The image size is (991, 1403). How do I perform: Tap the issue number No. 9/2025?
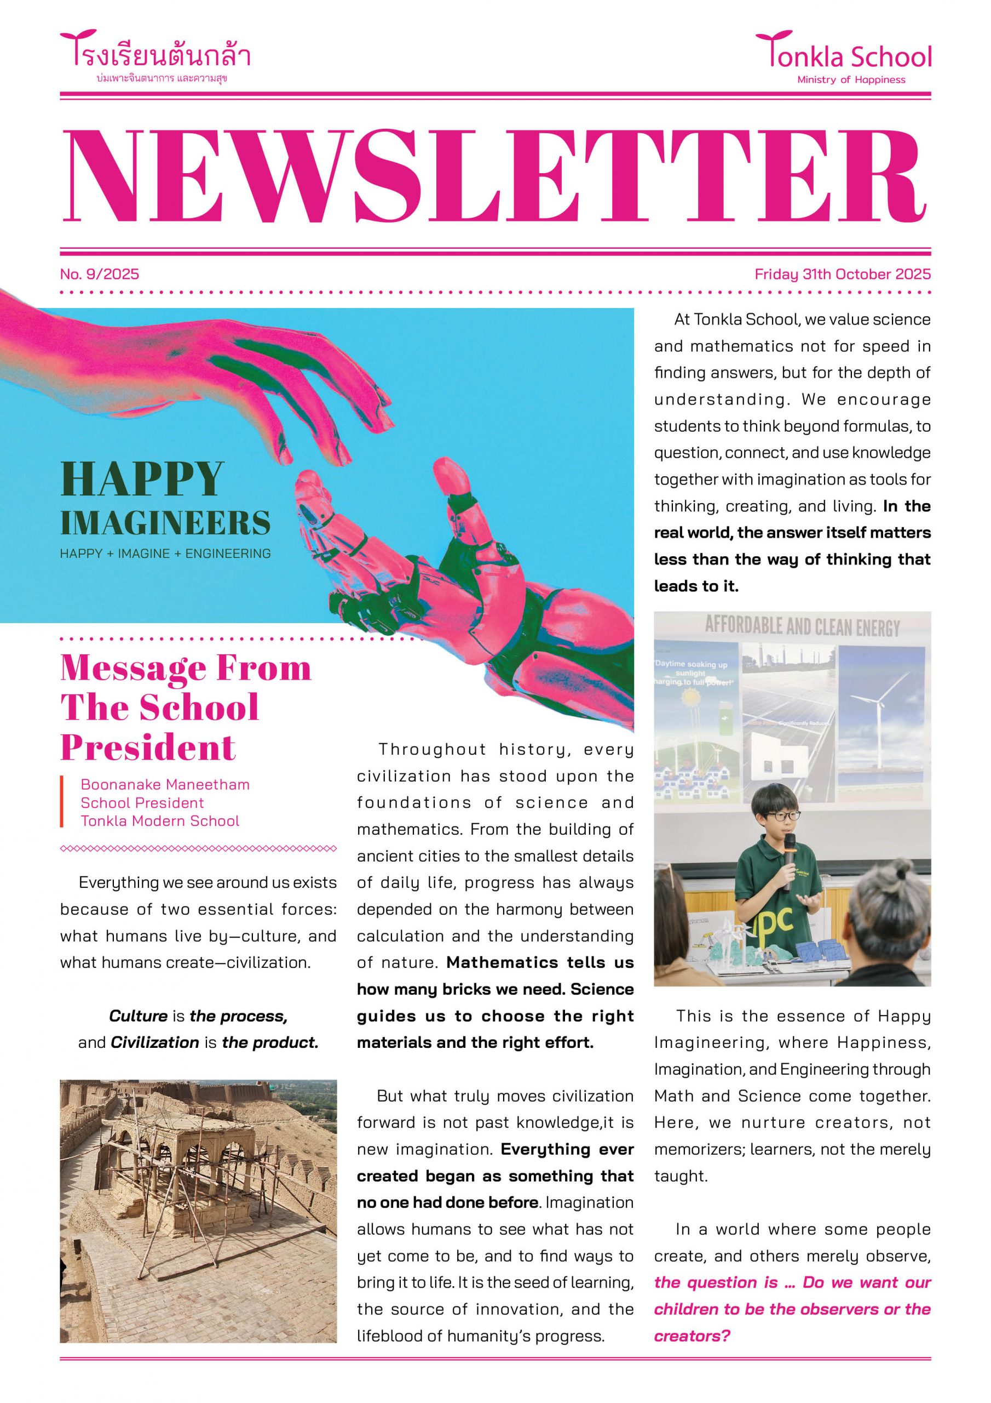point(100,274)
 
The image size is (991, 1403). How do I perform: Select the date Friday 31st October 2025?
point(842,274)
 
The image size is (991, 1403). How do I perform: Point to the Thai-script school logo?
point(155,54)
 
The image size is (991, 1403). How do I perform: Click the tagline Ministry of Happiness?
point(851,79)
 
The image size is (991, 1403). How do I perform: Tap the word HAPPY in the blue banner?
point(142,480)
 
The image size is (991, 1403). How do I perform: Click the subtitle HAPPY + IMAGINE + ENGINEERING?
point(165,554)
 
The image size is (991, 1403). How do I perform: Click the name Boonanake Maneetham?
point(165,785)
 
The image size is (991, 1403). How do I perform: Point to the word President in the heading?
point(148,748)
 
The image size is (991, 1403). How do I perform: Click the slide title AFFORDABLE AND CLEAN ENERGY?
point(802,627)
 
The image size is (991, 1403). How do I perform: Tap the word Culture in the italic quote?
point(138,1016)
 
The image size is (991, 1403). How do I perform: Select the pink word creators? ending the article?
point(692,1336)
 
